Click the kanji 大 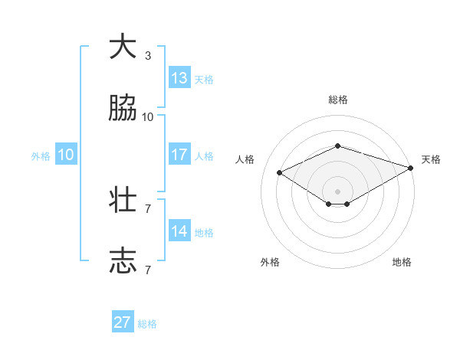(x=123, y=47)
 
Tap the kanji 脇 (x=123, y=110)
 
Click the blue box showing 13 (x=179, y=78)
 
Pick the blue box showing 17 (x=179, y=155)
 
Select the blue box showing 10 (x=66, y=155)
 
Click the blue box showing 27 (x=123, y=322)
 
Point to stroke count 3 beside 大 (x=148, y=56)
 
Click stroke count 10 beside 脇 (x=148, y=117)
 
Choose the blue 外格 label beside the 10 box (x=41, y=156)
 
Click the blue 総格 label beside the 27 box (x=147, y=324)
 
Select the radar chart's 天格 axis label (x=431, y=159)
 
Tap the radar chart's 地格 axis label (x=402, y=262)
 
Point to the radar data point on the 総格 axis (x=338, y=146)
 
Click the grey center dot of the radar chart (x=338, y=191)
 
